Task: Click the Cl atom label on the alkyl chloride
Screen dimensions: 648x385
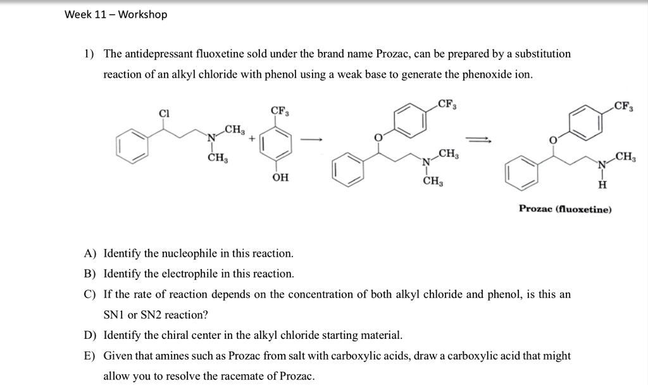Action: click(x=164, y=114)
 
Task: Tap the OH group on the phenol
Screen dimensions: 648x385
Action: click(x=280, y=178)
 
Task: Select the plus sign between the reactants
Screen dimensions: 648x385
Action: click(x=252, y=139)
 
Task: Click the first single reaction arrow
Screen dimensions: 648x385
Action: click(x=311, y=140)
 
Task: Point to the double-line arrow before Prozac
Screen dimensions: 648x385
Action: click(x=479, y=140)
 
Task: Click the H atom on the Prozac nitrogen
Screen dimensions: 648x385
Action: click(x=602, y=185)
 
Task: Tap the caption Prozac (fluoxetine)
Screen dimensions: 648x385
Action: click(x=565, y=209)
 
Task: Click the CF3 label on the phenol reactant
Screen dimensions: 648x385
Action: click(x=280, y=111)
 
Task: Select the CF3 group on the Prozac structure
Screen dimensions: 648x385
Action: click(x=623, y=106)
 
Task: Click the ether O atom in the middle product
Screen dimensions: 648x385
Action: click(x=378, y=137)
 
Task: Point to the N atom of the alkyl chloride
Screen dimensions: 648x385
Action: click(x=211, y=138)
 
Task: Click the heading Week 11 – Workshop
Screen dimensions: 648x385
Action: click(x=116, y=15)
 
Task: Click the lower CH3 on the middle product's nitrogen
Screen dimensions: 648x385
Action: click(x=433, y=181)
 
